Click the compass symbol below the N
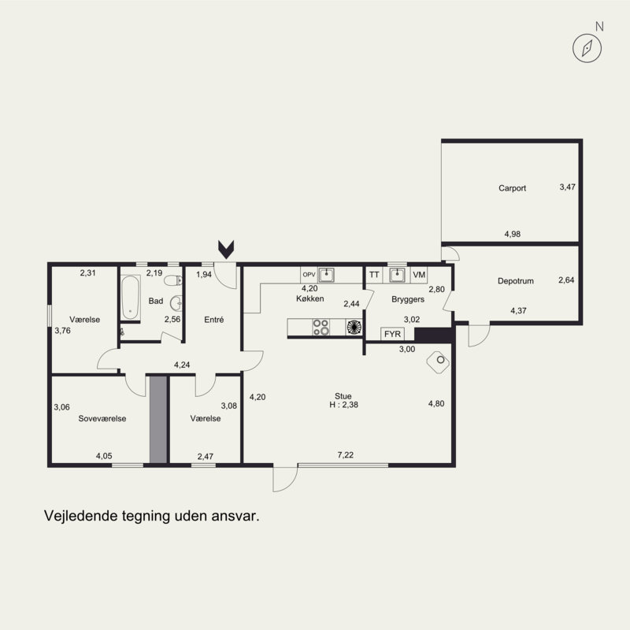[587, 48]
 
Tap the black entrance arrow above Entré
[226, 249]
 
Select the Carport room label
[512, 188]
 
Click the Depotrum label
[516, 281]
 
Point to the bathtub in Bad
[131, 298]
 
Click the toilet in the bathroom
[173, 280]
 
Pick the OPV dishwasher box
[309, 275]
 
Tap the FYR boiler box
[392, 334]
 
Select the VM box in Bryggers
[419, 275]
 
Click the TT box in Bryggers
[374, 275]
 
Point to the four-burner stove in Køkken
[321, 327]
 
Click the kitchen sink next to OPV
[326, 275]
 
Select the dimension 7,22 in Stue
[346, 455]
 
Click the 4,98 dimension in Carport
[513, 234]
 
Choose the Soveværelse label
[102, 419]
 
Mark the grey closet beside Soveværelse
[158, 420]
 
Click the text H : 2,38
[343, 405]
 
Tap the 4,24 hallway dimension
[182, 365]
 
